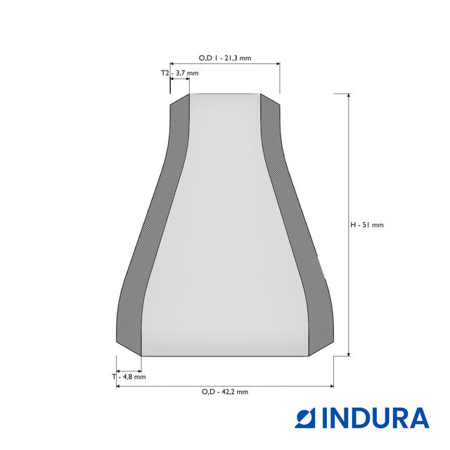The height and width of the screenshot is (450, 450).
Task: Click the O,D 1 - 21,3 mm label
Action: click(x=225, y=58)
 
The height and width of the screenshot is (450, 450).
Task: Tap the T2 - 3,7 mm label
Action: click(x=180, y=73)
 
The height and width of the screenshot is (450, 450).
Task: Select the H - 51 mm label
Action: click(x=367, y=225)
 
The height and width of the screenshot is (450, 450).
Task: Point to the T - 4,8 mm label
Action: click(x=129, y=377)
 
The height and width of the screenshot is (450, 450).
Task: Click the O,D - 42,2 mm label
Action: click(x=225, y=392)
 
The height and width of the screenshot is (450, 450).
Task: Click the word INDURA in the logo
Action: click(x=375, y=418)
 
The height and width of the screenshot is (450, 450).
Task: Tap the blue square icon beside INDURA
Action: click(x=304, y=418)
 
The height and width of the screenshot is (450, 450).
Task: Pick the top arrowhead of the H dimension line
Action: click(x=349, y=96)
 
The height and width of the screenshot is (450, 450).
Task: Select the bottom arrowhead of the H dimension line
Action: click(x=349, y=354)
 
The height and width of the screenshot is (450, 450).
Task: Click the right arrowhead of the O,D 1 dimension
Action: click(x=278, y=64)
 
